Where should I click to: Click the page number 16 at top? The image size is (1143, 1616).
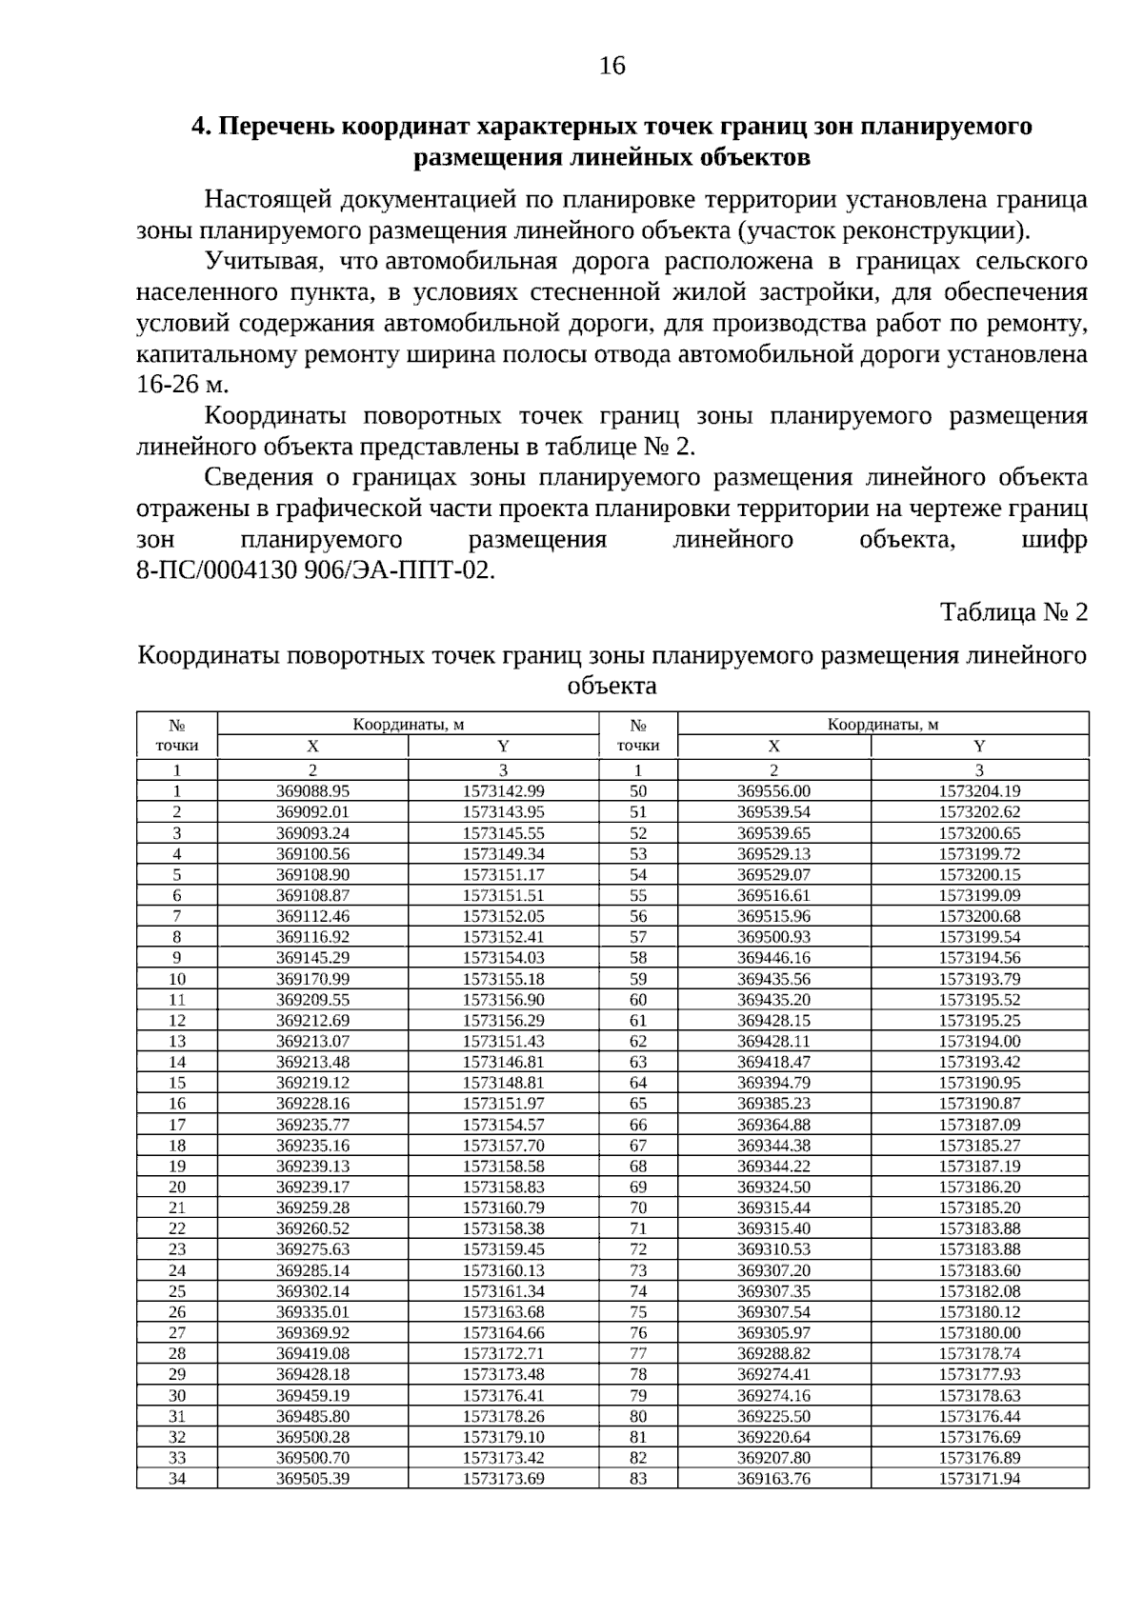click(x=612, y=66)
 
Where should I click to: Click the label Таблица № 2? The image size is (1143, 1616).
click(x=1013, y=611)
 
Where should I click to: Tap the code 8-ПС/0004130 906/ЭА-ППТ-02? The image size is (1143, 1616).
click(x=315, y=570)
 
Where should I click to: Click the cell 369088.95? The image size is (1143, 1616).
click(x=312, y=791)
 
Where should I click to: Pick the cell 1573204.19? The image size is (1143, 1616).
click(x=979, y=791)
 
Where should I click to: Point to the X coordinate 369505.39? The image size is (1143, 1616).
click(x=312, y=1479)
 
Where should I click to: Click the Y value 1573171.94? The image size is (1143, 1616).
click(x=979, y=1479)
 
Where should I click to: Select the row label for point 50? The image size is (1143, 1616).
click(x=638, y=791)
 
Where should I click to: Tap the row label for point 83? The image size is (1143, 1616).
click(x=638, y=1479)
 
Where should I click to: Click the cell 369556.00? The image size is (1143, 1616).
click(x=773, y=791)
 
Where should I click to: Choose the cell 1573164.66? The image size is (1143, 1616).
click(x=503, y=1333)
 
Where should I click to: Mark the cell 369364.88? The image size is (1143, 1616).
click(x=773, y=1125)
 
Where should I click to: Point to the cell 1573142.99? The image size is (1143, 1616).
click(x=503, y=791)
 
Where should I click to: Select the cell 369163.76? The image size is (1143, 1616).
click(x=773, y=1479)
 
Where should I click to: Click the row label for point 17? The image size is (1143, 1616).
click(x=177, y=1125)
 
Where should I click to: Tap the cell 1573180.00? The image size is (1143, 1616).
click(x=979, y=1333)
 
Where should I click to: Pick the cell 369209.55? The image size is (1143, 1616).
click(x=312, y=1000)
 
